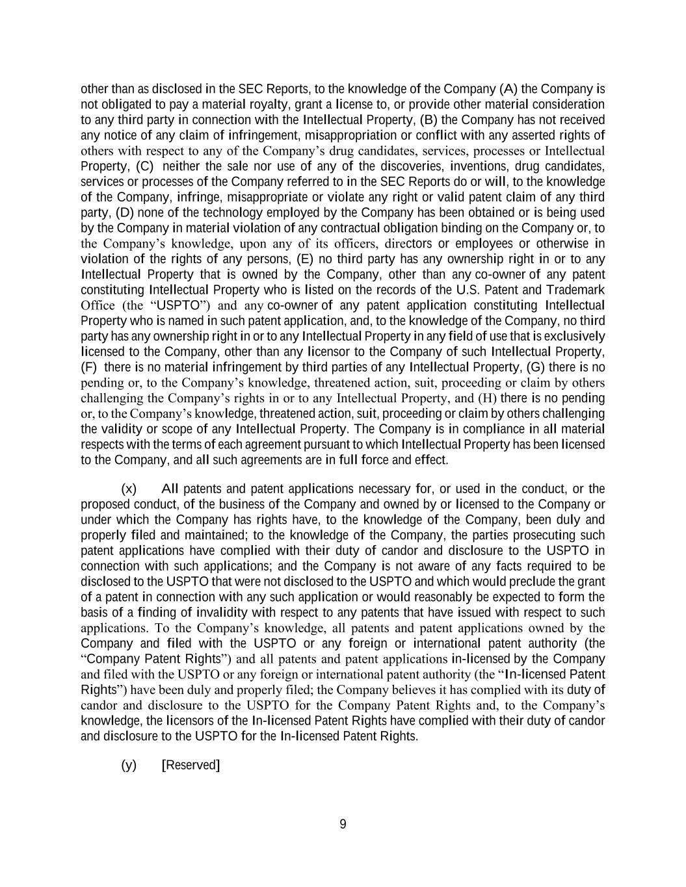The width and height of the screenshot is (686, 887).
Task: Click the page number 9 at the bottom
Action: tap(343, 825)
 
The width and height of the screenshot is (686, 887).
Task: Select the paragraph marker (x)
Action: tap(129, 489)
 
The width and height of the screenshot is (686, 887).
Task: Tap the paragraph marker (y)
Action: tap(129, 765)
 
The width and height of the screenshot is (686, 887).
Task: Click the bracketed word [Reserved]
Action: tap(191, 765)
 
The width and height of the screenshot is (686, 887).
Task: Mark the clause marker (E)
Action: tap(306, 259)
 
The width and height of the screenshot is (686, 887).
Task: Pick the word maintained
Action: tap(216, 535)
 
